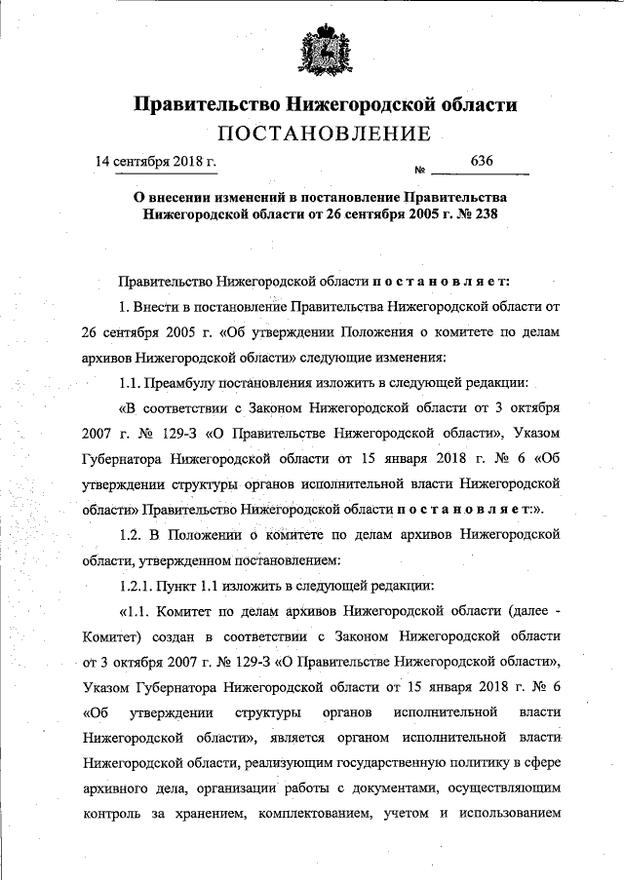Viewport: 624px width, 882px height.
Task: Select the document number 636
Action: [x=483, y=160]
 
